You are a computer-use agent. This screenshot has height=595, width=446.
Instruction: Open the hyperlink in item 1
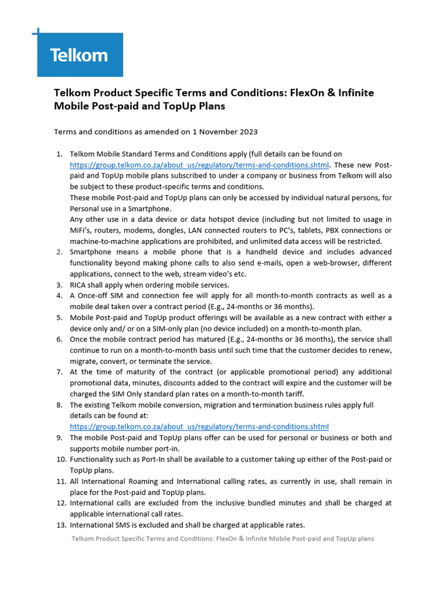(199, 165)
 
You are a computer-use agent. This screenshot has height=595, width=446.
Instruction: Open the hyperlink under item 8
(199, 426)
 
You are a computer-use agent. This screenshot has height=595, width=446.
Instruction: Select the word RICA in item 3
(80, 285)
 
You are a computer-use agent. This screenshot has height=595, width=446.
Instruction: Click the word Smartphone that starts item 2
(92, 252)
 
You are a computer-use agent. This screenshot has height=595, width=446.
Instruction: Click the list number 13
(60, 525)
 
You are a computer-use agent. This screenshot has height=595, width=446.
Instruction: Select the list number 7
(59, 372)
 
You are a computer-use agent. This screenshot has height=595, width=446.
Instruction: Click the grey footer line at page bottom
(222, 539)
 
